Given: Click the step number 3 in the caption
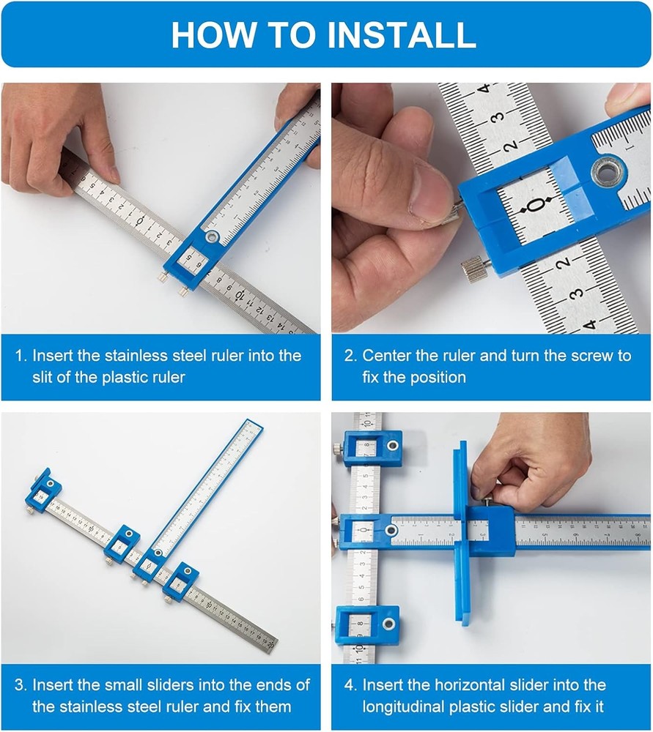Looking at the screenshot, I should (x=20, y=685).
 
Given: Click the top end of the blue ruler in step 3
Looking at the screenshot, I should (x=251, y=426).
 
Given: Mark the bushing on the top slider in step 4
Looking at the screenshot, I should (x=394, y=445).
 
